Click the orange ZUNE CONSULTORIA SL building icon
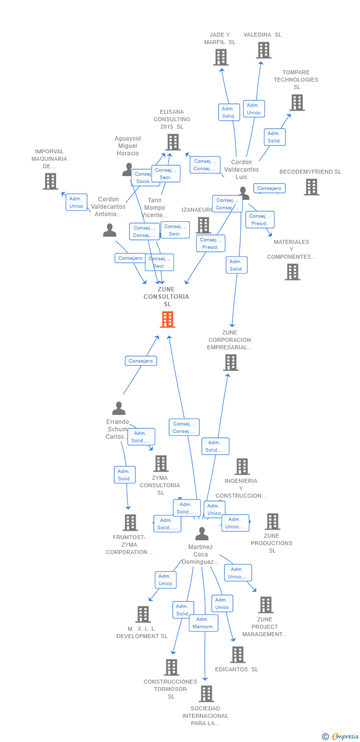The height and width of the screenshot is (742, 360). pos(168,320)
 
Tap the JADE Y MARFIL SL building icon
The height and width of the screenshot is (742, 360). pos(221,57)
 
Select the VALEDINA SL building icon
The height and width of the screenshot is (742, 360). pos(264,50)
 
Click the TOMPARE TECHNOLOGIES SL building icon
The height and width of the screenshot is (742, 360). pos(297,102)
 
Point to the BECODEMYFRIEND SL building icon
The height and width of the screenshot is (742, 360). pos(311,187)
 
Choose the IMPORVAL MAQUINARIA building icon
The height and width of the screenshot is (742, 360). pos(50,182)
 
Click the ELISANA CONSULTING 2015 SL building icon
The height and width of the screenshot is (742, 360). pos(173,142)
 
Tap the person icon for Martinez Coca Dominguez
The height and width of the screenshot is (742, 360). pos(201,534)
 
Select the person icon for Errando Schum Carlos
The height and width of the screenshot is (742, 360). pos(119,408)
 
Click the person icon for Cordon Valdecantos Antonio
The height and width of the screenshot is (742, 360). pos(109,230)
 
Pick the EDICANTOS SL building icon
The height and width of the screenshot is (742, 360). pos(237,654)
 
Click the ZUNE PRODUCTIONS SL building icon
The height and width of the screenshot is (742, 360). pos(272,521)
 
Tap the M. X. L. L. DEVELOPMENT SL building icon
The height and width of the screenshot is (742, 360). pos(143,614)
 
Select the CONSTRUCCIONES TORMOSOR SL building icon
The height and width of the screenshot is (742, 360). pos(171,667)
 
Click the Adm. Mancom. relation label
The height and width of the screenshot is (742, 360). pos(203,623)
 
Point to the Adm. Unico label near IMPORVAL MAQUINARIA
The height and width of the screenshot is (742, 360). pos(76,202)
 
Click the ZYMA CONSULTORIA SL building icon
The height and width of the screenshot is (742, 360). pos(161,464)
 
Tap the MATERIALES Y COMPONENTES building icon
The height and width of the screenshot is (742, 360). pos(292,272)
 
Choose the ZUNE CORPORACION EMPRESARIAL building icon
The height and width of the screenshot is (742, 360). pos(230,362)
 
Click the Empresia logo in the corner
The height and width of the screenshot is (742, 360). pos(342,736)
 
